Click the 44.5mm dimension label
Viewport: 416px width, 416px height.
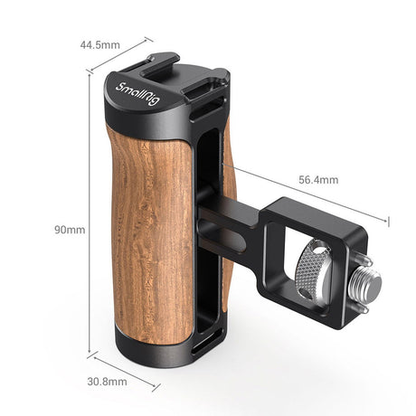point(99,43)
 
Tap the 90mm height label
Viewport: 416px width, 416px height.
point(70,230)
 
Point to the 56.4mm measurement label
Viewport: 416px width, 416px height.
point(318,180)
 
